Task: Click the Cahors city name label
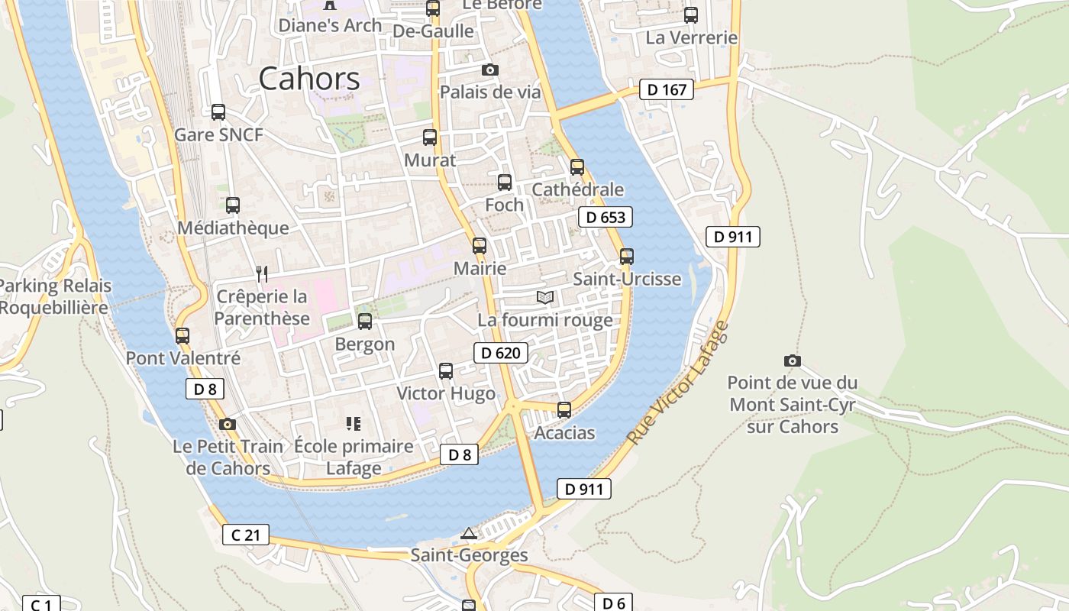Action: pyautogui.click(x=308, y=79)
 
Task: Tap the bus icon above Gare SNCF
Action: pyautogui.click(x=218, y=112)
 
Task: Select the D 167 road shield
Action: pyautogui.click(x=666, y=89)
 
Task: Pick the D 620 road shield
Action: pyautogui.click(x=501, y=352)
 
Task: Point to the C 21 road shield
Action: pyautogui.click(x=246, y=535)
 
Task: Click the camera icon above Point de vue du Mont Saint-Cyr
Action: pyautogui.click(x=793, y=360)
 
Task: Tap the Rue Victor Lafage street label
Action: pyautogui.click(x=678, y=383)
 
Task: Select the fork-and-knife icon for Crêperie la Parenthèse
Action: pyautogui.click(x=262, y=274)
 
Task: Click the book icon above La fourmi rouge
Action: pyautogui.click(x=544, y=297)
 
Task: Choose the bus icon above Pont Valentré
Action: pyautogui.click(x=182, y=335)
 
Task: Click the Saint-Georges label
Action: pyautogui.click(x=469, y=555)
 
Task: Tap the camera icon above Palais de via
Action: pyautogui.click(x=490, y=70)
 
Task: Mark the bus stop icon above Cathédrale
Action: pyautogui.click(x=577, y=166)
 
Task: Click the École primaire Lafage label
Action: pyautogui.click(x=354, y=457)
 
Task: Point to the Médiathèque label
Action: pyautogui.click(x=233, y=228)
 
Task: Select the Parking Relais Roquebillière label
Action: pyautogui.click(x=55, y=296)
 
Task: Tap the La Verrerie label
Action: pyautogui.click(x=692, y=37)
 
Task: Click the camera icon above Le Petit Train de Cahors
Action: pyautogui.click(x=227, y=425)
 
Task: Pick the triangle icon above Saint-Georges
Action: pyautogui.click(x=469, y=533)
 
